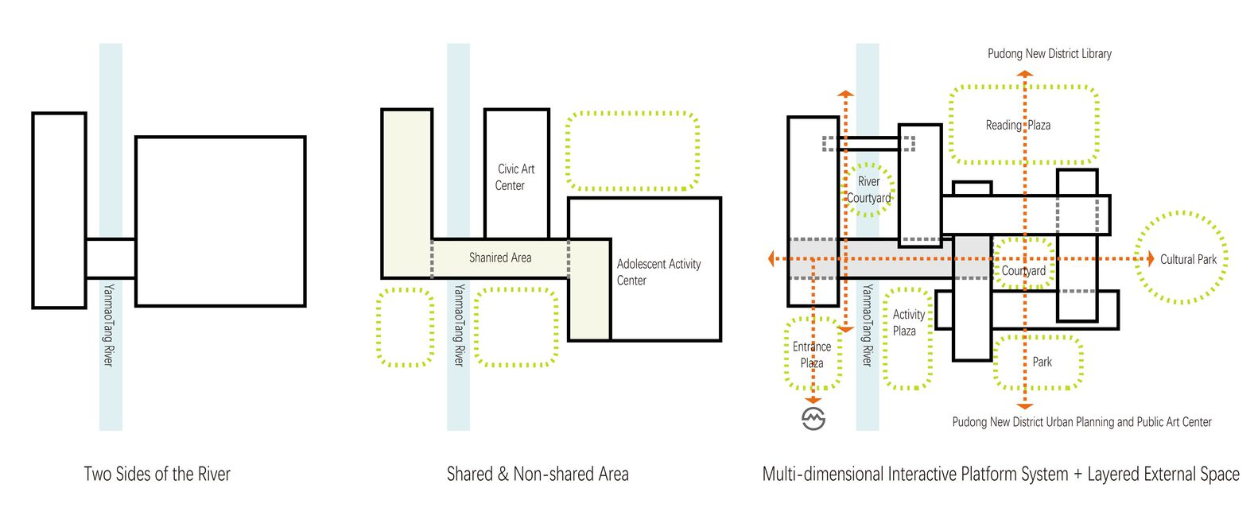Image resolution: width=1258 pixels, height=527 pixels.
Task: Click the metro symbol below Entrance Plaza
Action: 813,418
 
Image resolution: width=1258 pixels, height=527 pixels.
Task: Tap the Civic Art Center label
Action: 515,177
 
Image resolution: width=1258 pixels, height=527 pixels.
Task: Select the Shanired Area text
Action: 500,258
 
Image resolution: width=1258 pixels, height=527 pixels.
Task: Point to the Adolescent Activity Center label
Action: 658,272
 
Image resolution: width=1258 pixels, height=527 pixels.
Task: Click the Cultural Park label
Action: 1188,259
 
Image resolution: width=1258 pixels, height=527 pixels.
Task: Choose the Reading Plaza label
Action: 1018,125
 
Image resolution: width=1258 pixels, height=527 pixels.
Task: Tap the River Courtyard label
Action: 868,190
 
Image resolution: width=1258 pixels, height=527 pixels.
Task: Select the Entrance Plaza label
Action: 812,355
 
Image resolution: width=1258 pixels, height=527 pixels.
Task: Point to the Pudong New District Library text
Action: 1049,53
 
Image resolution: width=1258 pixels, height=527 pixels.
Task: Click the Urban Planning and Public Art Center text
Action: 1081,422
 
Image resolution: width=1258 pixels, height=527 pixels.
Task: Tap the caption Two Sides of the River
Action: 157,475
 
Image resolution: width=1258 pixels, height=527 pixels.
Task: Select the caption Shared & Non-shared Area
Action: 538,475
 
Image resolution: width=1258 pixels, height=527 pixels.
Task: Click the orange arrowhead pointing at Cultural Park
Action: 1149,259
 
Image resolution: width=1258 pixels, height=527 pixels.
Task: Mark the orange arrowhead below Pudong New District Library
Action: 1025,74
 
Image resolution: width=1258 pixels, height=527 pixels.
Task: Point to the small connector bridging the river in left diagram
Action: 111,258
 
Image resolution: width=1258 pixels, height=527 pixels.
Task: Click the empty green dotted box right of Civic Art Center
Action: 632,151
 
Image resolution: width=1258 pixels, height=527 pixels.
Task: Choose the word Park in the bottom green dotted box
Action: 1042,362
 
